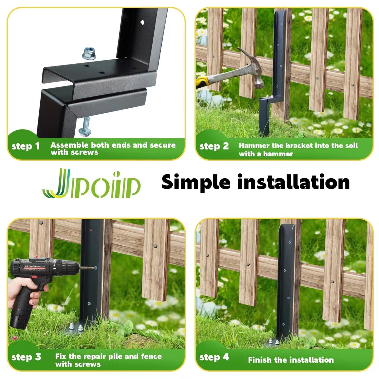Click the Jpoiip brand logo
point(91,184)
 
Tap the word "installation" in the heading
point(293,182)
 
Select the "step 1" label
point(26,146)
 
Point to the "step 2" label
point(214,146)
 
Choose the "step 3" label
point(26,357)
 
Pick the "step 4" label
point(214,357)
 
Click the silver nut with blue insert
point(89,54)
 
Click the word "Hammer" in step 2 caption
point(254,145)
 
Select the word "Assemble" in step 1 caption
point(70,145)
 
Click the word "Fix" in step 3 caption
point(61,356)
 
